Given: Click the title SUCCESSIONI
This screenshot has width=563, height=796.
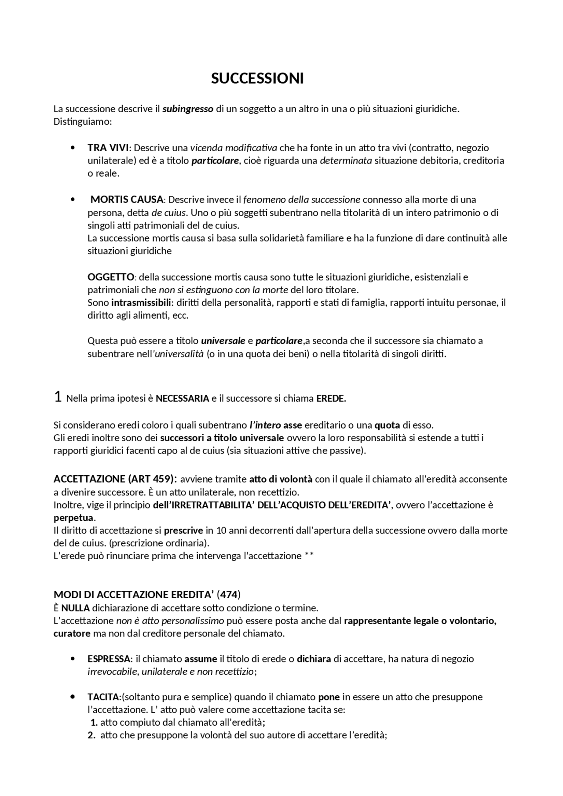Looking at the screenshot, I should tap(257, 79).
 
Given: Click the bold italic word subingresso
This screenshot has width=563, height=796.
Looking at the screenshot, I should tap(188, 109).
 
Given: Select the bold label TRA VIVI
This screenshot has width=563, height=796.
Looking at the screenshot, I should tap(108, 148).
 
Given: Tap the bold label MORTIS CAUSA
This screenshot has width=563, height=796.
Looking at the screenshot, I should tap(127, 200).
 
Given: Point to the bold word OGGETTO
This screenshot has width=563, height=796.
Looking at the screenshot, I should tap(110, 277).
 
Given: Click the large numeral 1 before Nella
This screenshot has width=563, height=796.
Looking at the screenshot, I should tap(58, 397).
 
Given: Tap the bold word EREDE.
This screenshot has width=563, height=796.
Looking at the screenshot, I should tap(331, 399).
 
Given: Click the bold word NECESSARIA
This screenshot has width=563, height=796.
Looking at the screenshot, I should tap(182, 399).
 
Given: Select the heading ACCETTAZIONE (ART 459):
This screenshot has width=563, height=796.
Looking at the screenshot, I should tap(115, 479).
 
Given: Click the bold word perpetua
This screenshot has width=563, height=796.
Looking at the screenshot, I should tap(73, 517).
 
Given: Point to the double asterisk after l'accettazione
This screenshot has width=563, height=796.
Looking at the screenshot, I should tap(309, 556).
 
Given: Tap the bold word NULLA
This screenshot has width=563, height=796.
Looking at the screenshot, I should tap(75, 608).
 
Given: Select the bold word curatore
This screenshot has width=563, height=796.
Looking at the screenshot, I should tap(72, 634).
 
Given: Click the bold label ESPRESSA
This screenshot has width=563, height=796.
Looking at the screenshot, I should tap(109, 659).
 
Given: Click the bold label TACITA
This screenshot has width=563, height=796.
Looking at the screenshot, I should tap(103, 697).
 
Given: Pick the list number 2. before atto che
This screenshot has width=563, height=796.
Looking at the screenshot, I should tap(92, 735).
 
